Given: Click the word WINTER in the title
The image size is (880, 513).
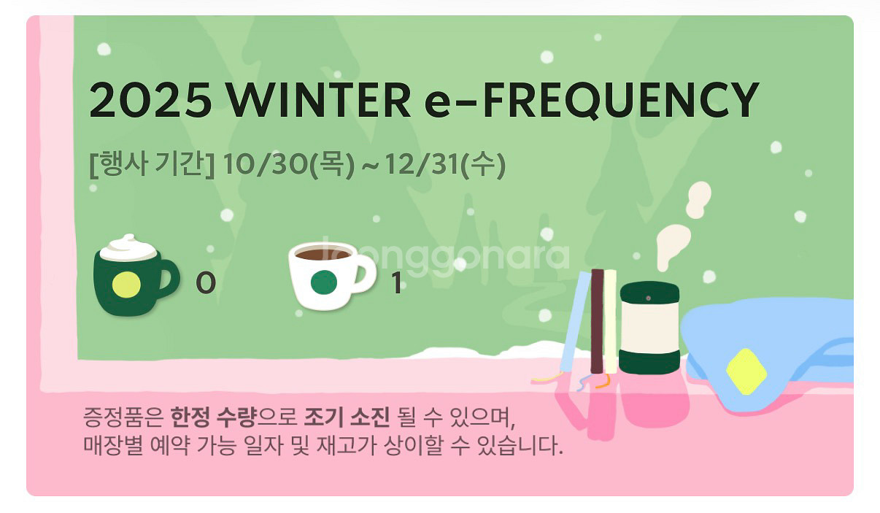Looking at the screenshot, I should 320,101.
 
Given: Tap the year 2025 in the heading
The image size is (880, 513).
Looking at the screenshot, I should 150,101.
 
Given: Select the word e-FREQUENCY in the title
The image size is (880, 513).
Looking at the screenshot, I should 591,101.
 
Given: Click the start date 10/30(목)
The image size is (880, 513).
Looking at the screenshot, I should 289,166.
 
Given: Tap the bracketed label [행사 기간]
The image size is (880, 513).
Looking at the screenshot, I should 151,166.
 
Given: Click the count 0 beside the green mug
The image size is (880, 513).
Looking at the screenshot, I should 205,283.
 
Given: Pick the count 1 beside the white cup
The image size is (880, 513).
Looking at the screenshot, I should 396,283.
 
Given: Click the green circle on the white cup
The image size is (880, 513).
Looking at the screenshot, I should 323,282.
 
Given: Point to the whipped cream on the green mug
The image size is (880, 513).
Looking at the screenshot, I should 128,248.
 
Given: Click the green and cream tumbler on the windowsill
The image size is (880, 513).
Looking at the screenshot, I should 649,328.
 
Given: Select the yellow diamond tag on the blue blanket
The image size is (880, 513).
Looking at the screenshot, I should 746,371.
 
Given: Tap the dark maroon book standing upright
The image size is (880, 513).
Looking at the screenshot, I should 597,321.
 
